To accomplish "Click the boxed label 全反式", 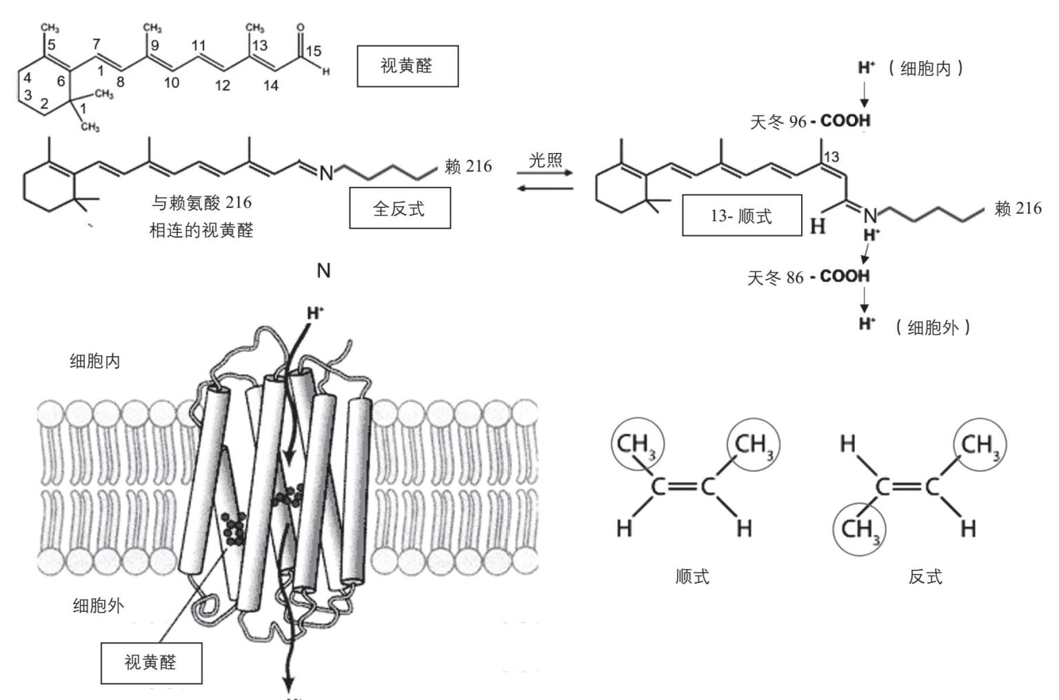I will click(x=399, y=209).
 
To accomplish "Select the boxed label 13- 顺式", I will click(x=741, y=216).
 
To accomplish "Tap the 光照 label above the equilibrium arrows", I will click(x=545, y=161).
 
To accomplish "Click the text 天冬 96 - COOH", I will click(x=810, y=122).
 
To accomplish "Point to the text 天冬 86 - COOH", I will click(x=809, y=277).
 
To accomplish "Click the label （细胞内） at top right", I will click(x=925, y=68).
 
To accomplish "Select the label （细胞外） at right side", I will click(x=933, y=327).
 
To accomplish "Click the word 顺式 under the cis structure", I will click(x=692, y=576).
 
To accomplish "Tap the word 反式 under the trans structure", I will click(x=925, y=576).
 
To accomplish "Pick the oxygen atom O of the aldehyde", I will click(x=300, y=28).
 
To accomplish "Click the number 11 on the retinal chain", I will click(x=199, y=46).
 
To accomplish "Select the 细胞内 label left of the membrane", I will click(x=95, y=361).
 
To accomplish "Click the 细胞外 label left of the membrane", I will click(x=99, y=606).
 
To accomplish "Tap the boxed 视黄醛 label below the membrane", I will click(x=151, y=663).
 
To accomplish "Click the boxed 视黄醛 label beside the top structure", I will click(x=407, y=66).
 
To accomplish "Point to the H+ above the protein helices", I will click(x=315, y=313).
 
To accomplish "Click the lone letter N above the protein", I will click(x=323, y=271).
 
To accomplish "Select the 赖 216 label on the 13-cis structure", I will click(x=1018, y=208).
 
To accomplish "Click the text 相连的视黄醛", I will click(x=201, y=230).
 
